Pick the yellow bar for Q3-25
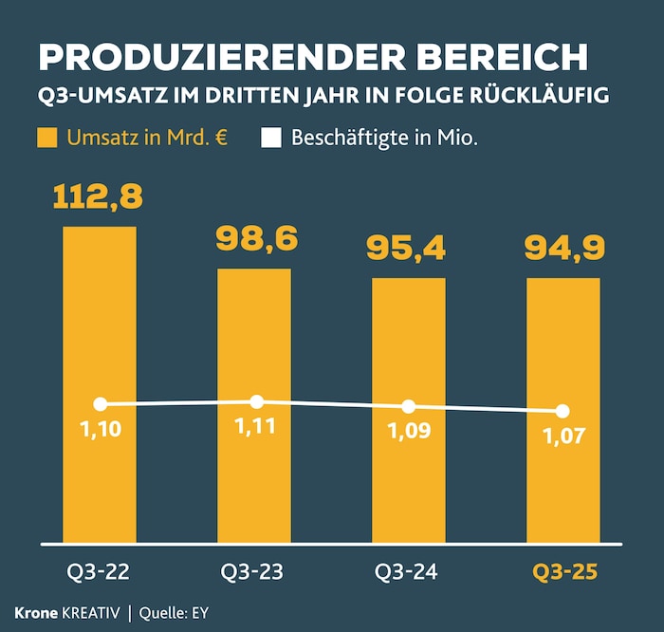click(x=563, y=484)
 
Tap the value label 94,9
click(x=563, y=249)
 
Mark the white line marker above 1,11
click(x=256, y=402)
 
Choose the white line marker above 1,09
click(x=409, y=406)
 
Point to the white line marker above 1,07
click(x=563, y=411)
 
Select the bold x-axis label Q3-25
click(x=563, y=572)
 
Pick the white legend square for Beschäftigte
click(x=271, y=138)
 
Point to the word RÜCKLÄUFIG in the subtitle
click(x=549, y=97)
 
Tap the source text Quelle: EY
click(x=173, y=612)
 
